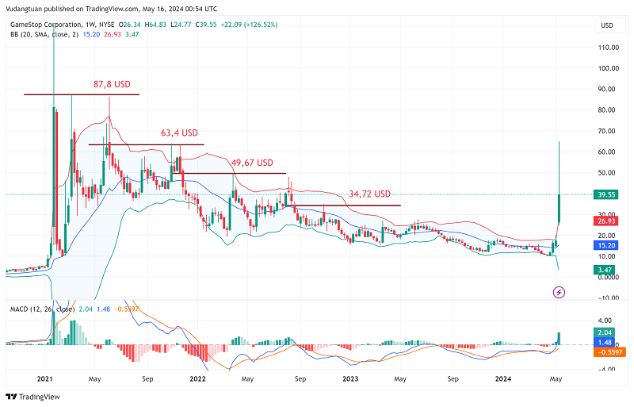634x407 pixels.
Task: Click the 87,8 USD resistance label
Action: (x=112, y=84)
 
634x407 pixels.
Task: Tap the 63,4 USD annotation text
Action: (x=178, y=133)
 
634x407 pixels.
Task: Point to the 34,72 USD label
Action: (x=369, y=194)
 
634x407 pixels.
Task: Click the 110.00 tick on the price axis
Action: (x=609, y=48)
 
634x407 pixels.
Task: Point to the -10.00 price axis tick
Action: (x=608, y=298)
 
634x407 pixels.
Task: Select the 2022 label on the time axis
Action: (x=197, y=380)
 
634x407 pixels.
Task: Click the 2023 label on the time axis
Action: (x=350, y=380)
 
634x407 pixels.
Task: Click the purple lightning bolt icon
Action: (x=559, y=293)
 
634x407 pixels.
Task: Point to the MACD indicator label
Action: (x=21, y=309)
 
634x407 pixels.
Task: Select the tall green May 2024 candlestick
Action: (x=560, y=208)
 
